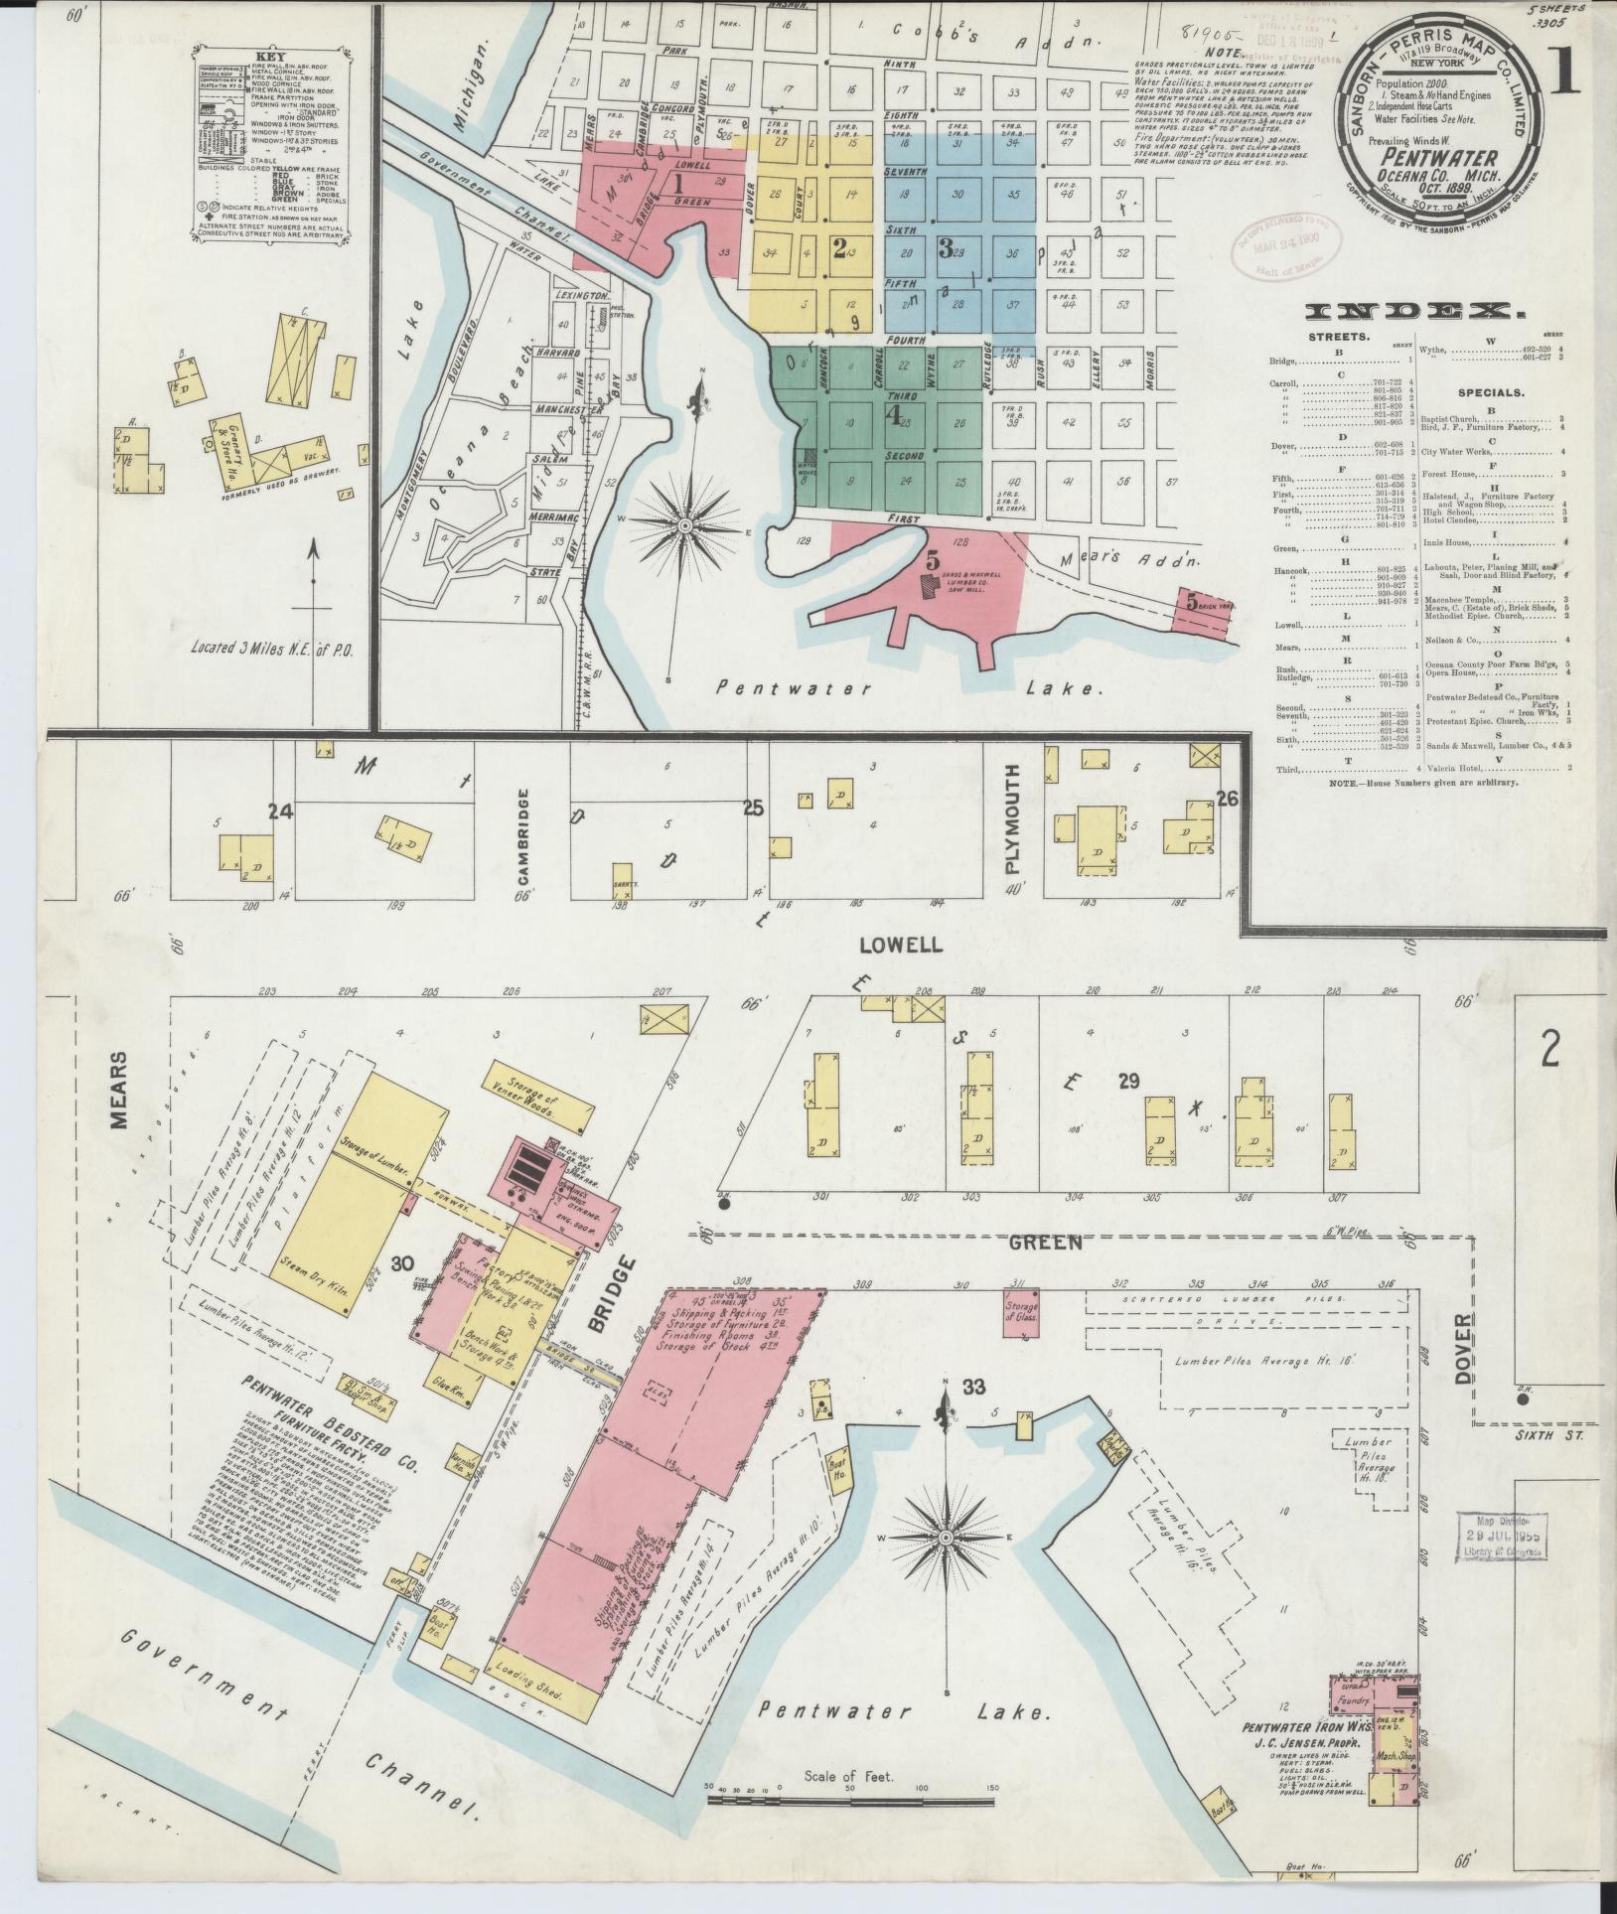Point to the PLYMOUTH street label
[1012, 818]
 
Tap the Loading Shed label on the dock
[541, 1695]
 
